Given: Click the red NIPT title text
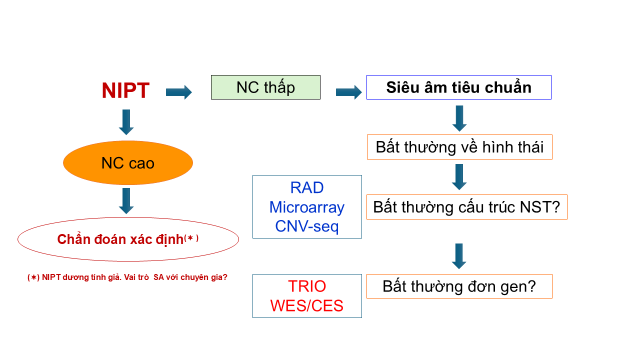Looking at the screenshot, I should click(x=125, y=91).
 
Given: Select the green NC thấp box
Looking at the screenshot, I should click(x=265, y=87).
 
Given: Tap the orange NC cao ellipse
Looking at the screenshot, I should click(x=128, y=163).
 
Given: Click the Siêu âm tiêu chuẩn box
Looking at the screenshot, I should click(x=458, y=87).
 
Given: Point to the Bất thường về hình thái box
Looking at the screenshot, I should click(x=459, y=147).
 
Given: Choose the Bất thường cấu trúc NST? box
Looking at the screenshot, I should click(x=466, y=207).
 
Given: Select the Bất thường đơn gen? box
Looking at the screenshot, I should click(x=459, y=286).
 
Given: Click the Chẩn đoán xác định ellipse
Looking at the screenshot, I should click(x=128, y=239).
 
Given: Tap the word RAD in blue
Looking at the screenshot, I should click(x=307, y=187).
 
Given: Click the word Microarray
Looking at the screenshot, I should click(x=307, y=207).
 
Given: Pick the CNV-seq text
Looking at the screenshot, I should click(x=307, y=226).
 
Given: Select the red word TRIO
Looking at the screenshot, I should click(x=307, y=286).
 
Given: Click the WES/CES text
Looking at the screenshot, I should click(x=307, y=305).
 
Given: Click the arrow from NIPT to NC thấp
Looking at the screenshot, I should click(x=179, y=92).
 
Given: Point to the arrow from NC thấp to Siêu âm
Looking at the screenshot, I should click(x=348, y=92).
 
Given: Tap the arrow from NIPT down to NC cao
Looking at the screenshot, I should click(x=126, y=122).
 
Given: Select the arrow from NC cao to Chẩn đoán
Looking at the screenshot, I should click(x=126, y=201).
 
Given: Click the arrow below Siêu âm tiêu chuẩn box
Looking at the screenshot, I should click(x=459, y=118).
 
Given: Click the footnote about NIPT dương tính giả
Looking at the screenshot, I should click(x=127, y=277).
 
